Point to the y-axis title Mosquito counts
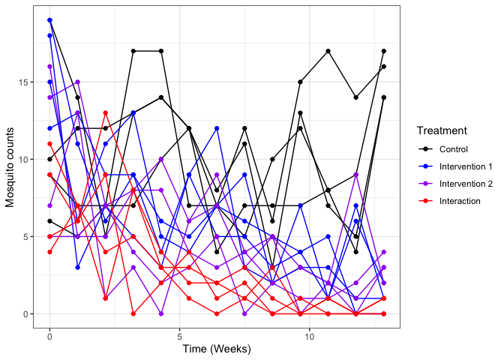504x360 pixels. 10,167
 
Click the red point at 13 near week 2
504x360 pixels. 106,113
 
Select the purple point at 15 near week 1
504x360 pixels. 77,82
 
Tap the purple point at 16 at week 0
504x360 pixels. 49,67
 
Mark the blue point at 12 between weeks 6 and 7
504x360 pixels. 217,128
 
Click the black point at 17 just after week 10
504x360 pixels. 328,51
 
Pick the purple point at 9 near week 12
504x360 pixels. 356,175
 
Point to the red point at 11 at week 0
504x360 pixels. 49,144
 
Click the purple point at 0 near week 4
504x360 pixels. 161,313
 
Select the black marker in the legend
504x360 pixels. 425,148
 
